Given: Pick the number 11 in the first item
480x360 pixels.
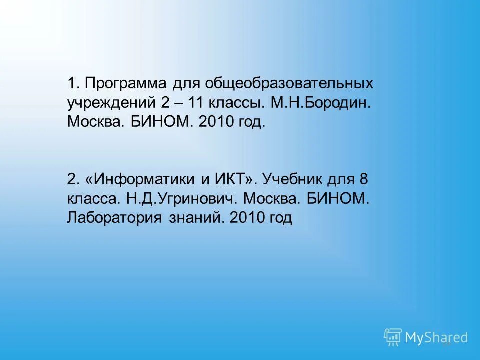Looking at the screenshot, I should [x=192, y=103].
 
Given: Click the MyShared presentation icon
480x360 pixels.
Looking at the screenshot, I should [x=393, y=337].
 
